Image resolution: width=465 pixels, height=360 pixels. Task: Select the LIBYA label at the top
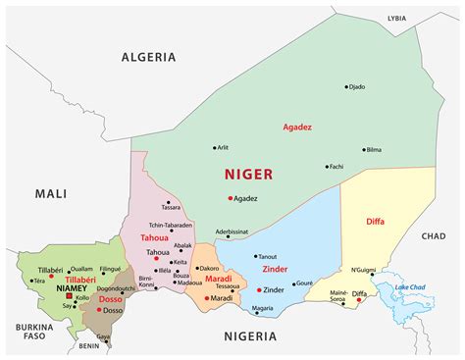pyautogui.click(x=395, y=18)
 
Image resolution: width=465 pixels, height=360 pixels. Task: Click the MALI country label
pyautogui.click(x=51, y=193)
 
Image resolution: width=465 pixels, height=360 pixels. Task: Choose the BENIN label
pyautogui.click(x=89, y=345)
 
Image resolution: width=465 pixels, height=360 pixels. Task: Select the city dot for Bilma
pyautogui.click(x=359, y=150)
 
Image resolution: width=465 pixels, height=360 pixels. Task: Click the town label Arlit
pyautogui.click(x=225, y=148)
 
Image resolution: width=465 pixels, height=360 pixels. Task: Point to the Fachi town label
pyautogui.click(x=336, y=166)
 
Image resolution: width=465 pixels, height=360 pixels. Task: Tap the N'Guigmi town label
pyautogui.click(x=364, y=269)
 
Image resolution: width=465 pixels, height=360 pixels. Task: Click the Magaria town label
pyautogui.click(x=262, y=308)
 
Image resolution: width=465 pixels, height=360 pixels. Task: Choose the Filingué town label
pyautogui.click(x=112, y=268)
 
